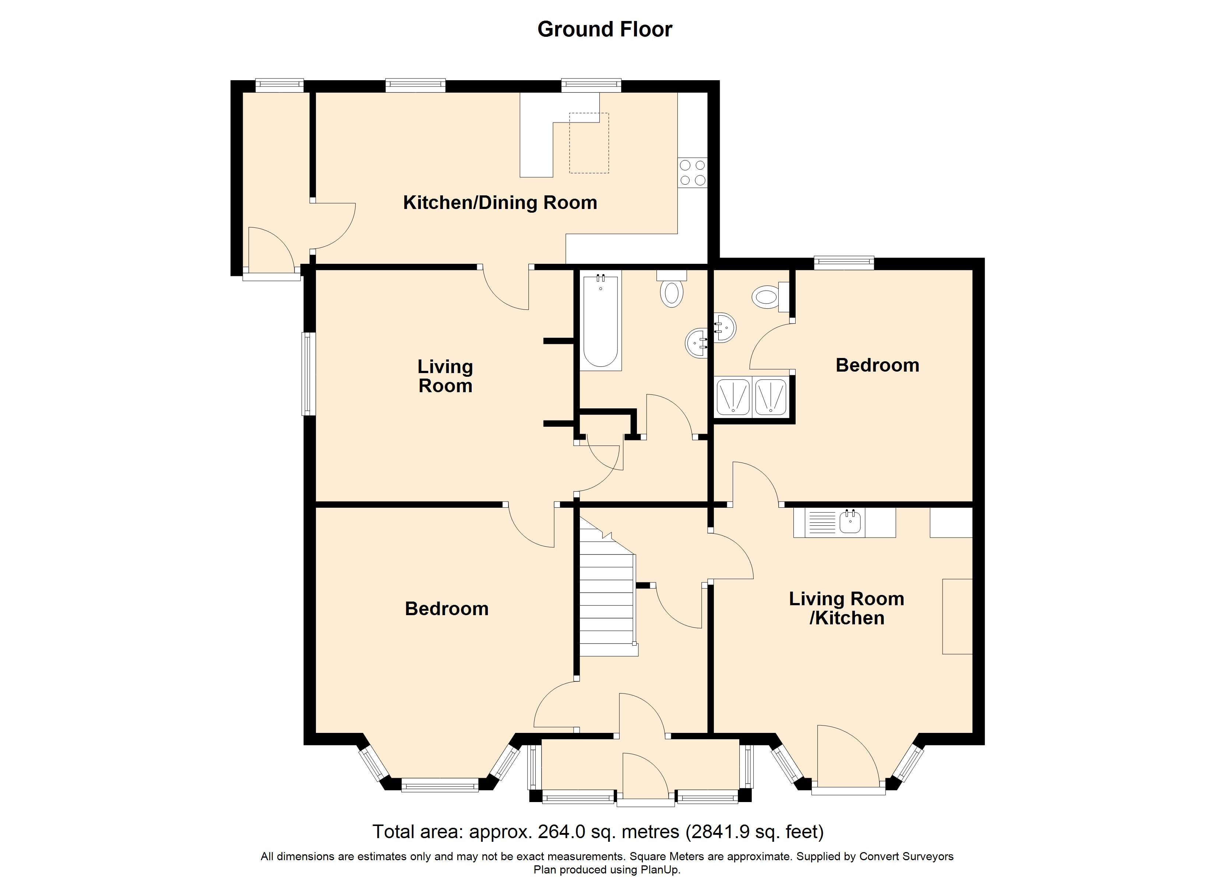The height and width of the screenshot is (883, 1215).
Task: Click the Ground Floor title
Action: point(605,29)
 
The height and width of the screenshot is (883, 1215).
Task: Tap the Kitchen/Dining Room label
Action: point(500,202)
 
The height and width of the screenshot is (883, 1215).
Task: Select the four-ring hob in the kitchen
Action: point(693,173)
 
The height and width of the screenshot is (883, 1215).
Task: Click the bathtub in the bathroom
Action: point(601,321)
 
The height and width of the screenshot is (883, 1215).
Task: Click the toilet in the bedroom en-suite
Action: point(770,297)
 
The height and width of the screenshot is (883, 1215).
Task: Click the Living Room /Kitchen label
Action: point(846,608)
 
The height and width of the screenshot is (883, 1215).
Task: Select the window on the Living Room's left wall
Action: point(308,374)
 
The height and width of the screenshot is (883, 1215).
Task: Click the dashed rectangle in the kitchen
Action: point(589,143)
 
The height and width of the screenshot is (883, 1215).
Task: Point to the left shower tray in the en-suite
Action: point(733,397)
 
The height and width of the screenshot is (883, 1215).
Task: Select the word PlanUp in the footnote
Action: point(660,870)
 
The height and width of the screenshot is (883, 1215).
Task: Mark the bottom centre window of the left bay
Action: point(440,786)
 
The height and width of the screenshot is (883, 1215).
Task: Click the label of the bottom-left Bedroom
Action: point(447,609)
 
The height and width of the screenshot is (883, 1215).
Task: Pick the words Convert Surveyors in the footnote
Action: point(906,856)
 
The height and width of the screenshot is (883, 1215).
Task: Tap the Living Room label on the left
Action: point(445,376)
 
